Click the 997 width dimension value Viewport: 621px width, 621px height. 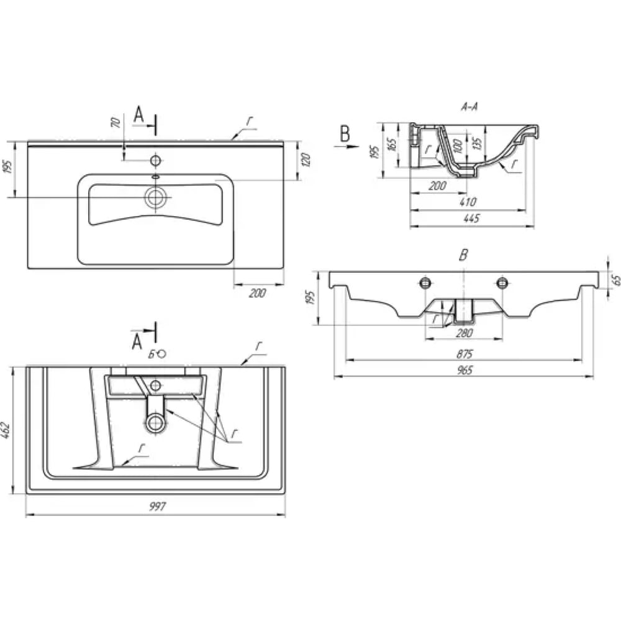tap(157, 507)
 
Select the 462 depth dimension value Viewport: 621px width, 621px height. tap(6, 430)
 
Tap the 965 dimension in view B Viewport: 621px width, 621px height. tap(465, 370)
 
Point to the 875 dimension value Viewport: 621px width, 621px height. tap(465, 354)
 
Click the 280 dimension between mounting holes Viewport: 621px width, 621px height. tap(464, 333)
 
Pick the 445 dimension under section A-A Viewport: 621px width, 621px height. tap(471, 218)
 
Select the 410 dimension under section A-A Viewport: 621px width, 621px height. tap(468, 202)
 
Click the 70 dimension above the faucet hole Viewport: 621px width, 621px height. tap(116, 122)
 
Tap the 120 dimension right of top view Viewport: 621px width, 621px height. tap(306, 160)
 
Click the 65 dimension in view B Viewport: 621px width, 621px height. tap(616, 280)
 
